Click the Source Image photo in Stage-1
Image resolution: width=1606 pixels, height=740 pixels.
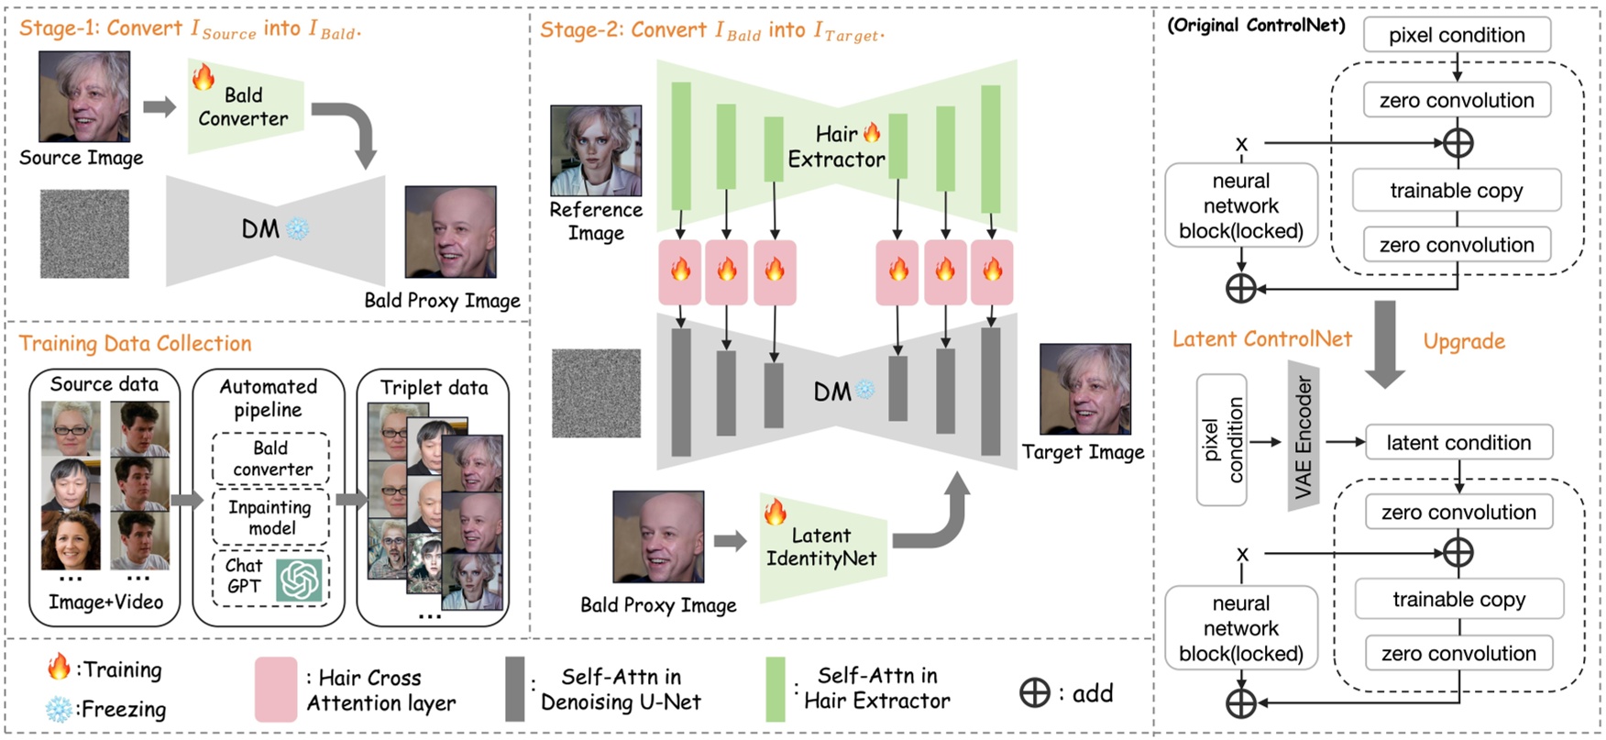[84, 96]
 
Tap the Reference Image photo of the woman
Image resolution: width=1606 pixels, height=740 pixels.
[595, 150]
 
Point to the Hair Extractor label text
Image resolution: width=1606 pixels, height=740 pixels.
[836, 147]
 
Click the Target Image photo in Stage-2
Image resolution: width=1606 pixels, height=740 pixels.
[1084, 389]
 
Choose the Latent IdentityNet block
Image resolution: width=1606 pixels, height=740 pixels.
[822, 547]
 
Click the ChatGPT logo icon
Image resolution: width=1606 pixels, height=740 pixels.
[299, 579]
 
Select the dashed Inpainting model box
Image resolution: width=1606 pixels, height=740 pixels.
[270, 517]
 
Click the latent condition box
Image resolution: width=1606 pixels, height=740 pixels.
[1458, 442]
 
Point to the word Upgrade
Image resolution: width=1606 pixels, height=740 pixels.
[1464, 341]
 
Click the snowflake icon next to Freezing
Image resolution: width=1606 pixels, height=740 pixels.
[60, 709]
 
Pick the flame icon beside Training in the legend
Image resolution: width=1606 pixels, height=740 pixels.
[60, 667]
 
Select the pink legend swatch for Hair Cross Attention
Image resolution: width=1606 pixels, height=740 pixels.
[276, 689]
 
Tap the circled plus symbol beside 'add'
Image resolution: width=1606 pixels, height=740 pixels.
[1035, 692]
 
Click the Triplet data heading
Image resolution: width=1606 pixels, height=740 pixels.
[434, 387]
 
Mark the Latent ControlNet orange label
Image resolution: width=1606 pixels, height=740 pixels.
[1262, 338]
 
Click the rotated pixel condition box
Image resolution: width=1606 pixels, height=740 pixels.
[1222, 440]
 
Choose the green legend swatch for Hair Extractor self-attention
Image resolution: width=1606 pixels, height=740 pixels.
[775, 689]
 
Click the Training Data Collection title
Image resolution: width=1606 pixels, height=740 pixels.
[136, 343]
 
